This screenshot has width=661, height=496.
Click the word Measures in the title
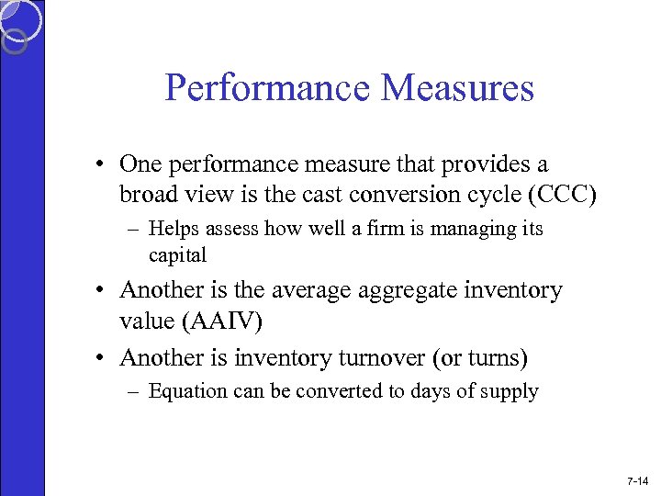click(456, 88)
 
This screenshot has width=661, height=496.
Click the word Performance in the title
click(267, 88)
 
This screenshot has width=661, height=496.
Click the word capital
click(177, 254)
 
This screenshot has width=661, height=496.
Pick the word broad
click(151, 195)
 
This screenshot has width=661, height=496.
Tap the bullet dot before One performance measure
click(107, 164)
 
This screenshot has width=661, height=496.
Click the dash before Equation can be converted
click(135, 391)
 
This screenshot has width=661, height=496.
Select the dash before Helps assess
click(135, 229)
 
